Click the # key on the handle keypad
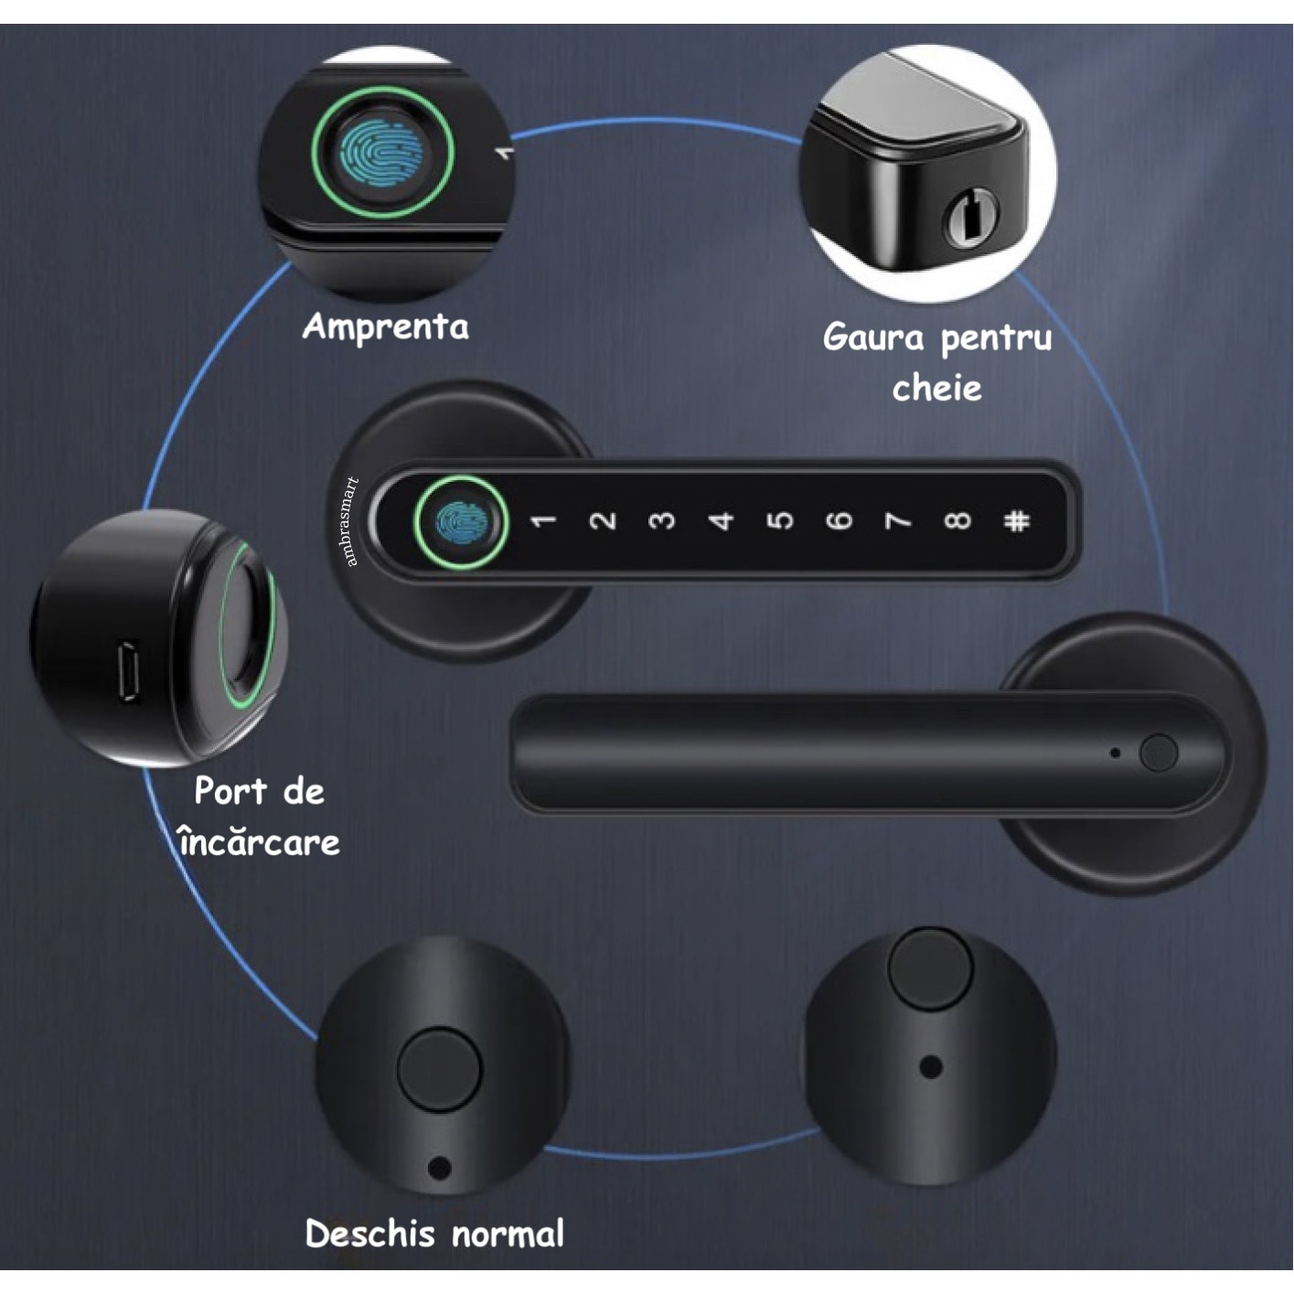[1016, 521]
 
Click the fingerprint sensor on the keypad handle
[460, 522]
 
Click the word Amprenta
[385, 327]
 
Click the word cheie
[936, 388]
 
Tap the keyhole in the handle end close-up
[970, 219]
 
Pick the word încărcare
[260, 842]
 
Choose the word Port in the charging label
[230, 791]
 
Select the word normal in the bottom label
[508, 1235]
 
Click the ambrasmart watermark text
[353, 521]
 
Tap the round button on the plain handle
[1159, 753]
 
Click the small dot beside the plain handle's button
[1116, 754]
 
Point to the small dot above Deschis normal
[439, 1169]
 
